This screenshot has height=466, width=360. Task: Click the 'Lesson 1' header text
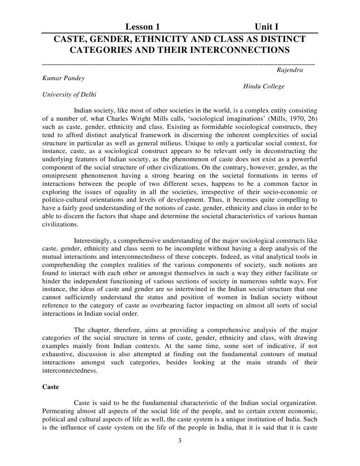pyautogui.click(x=142, y=27)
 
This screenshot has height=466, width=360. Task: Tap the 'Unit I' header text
pyautogui.click(x=267, y=27)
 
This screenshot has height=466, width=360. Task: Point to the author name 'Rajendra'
pyautogui.click(x=289, y=70)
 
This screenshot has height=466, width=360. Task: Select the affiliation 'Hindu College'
pyautogui.click(x=264, y=87)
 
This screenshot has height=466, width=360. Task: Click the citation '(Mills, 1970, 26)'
pyautogui.click(x=294, y=118)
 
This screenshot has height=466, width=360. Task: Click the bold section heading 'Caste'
pyautogui.click(x=51, y=387)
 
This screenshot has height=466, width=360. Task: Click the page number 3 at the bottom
pyautogui.click(x=180, y=440)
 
